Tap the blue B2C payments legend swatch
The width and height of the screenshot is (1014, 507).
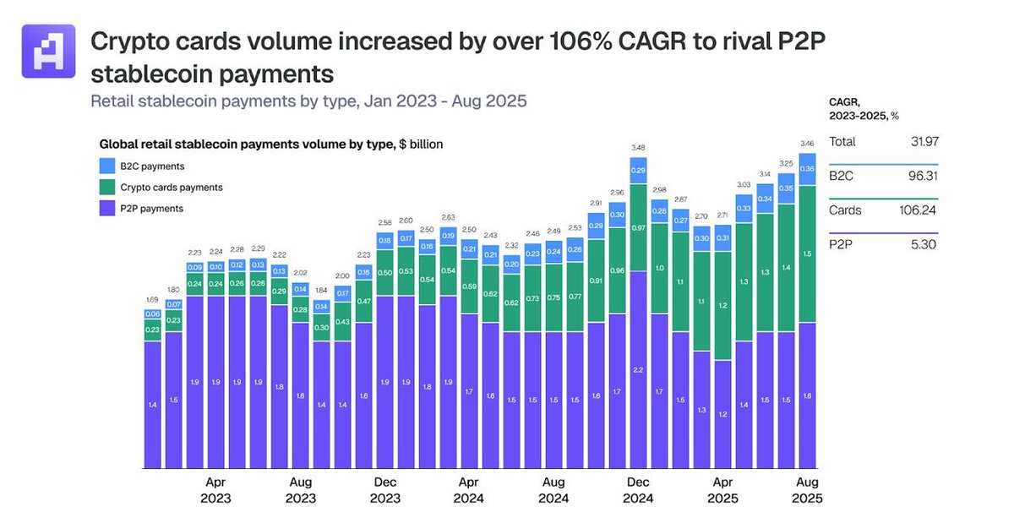(x=107, y=166)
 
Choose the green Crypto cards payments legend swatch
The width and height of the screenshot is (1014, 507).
(x=107, y=187)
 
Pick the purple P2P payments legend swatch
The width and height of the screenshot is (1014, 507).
(x=107, y=208)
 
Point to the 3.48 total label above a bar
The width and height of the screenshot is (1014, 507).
(x=638, y=148)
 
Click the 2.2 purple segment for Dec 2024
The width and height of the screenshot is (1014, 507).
(x=638, y=369)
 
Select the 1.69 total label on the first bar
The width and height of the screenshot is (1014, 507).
(x=152, y=299)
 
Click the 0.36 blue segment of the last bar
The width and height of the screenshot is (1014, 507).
(x=807, y=169)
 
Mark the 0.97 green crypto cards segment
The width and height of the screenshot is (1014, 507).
(x=638, y=228)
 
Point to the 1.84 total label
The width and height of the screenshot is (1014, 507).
(x=321, y=290)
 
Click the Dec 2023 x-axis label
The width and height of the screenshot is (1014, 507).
(x=384, y=491)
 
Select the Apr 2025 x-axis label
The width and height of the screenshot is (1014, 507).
(x=722, y=491)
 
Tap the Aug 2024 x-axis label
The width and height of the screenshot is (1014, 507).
(x=553, y=491)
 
